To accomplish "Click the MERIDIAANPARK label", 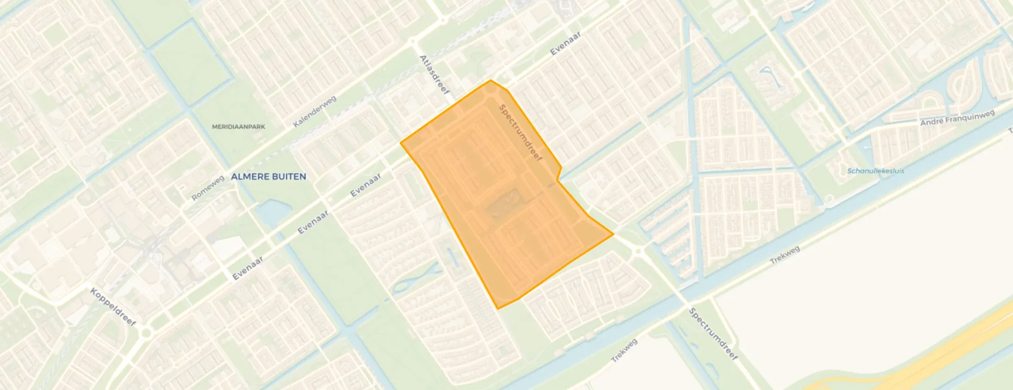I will click(x=238, y=127).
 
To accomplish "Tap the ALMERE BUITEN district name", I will click(x=268, y=177).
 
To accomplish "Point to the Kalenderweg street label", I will click(x=315, y=111).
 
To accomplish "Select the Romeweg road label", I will click(x=208, y=188).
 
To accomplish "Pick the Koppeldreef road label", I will click(x=113, y=307).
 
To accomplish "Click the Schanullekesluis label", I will click(x=875, y=171).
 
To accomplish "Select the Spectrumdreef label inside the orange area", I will click(x=520, y=133).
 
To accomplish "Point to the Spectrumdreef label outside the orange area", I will click(x=714, y=334).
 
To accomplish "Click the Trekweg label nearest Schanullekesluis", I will click(x=785, y=255).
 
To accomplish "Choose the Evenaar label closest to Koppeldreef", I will click(x=248, y=268).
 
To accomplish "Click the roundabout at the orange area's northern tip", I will click(x=490, y=89).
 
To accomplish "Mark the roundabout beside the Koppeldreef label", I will click(x=146, y=332).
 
